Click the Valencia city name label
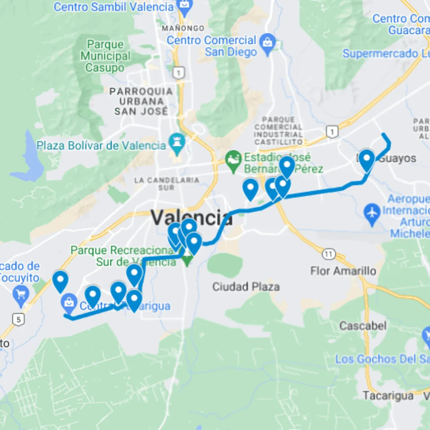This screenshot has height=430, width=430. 191,218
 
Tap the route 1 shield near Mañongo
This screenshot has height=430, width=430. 179,73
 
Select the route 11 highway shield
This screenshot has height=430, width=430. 328,254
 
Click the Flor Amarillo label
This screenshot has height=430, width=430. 343,271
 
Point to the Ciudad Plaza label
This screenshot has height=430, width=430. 246,286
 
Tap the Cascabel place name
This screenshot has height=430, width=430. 363,326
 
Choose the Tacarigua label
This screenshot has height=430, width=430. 388,395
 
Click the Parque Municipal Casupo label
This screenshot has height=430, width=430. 105,56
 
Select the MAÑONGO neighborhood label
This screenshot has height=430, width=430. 183,28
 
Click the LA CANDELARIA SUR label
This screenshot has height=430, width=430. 166,184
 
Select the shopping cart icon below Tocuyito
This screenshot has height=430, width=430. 21,295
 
